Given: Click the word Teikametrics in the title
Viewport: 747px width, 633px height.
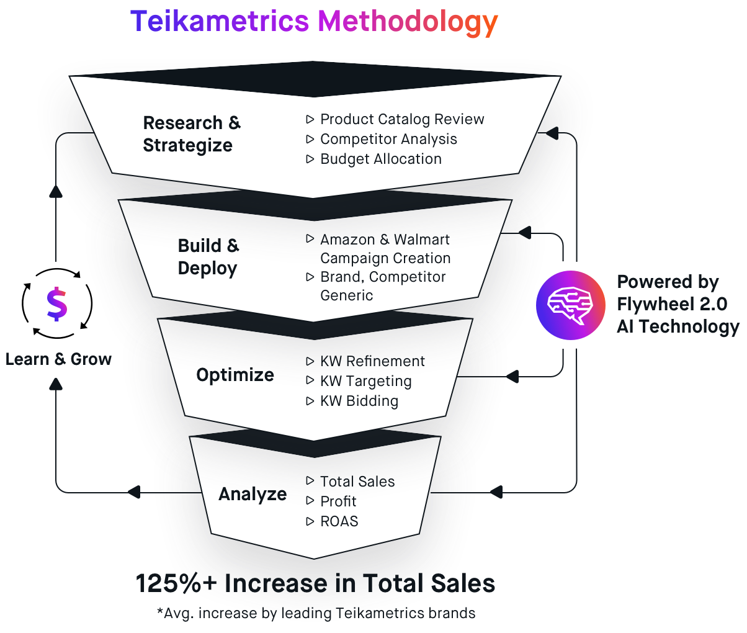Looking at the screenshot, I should click(220, 22).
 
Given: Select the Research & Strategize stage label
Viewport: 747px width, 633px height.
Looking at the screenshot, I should click(191, 134).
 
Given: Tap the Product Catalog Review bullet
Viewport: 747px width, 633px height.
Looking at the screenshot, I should click(401, 119).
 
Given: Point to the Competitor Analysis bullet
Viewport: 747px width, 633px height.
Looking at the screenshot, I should click(388, 139).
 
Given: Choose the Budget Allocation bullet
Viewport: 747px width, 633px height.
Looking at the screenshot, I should click(380, 159).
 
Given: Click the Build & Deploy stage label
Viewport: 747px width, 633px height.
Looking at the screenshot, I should click(208, 257).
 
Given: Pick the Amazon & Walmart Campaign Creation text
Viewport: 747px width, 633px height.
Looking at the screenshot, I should click(385, 248).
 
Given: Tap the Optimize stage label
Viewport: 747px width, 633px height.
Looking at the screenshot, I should click(235, 375).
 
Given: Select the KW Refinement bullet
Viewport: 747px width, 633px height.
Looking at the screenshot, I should click(372, 361).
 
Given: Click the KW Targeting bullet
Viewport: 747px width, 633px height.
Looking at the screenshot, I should click(365, 381).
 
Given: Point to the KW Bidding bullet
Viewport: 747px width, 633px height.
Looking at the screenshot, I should click(359, 401).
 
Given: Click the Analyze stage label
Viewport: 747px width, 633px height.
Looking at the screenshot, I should click(253, 494).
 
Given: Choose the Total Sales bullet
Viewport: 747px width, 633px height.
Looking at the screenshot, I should click(357, 482).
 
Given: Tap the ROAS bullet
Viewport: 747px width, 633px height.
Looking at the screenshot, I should click(339, 521).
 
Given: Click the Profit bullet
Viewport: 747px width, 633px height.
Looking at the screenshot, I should click(338, 501).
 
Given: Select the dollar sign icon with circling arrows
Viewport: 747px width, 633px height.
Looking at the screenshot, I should click(56, 303).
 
